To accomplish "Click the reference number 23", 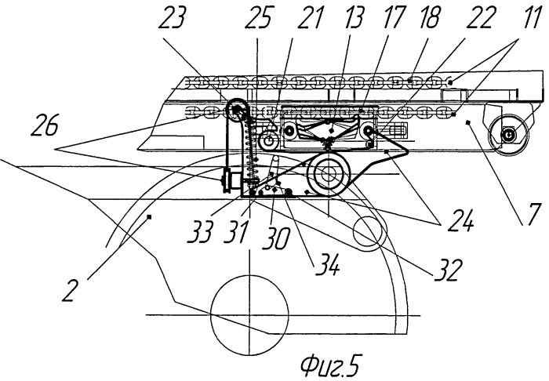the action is coord(172,17).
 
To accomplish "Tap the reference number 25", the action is coord(258,18).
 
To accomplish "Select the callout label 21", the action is coord(309,17).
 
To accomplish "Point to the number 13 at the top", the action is coord(354,17).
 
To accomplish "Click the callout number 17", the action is coord(394,17).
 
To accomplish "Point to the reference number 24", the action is coord(460,220).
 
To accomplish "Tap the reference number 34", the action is coord(327,266).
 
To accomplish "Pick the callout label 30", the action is coord(276,239).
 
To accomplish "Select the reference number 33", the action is coord(201,231).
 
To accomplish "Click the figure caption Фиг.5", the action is coord(330,366).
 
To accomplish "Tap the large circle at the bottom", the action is coord(249,276).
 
